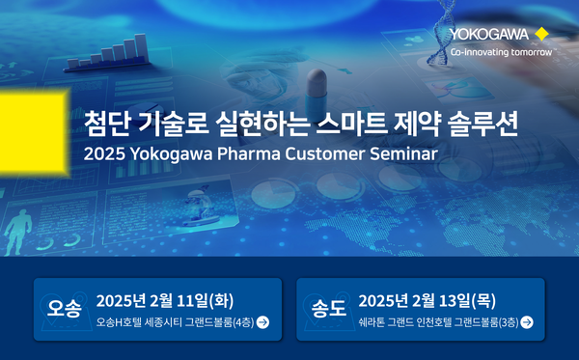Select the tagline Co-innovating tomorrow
(x=501, y=52)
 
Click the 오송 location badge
(x=65, y=309)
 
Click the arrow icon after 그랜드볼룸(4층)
(x=263, y=322)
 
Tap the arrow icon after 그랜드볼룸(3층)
(x=527, y=322)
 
